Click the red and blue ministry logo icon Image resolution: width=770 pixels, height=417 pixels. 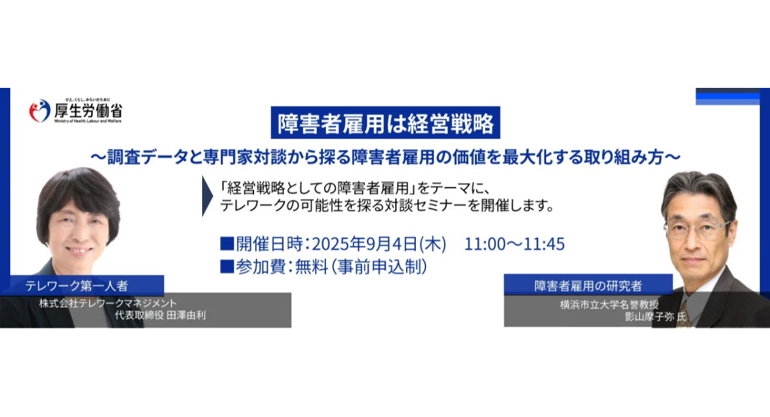[40, 111]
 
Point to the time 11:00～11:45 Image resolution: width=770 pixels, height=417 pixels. [515, 244]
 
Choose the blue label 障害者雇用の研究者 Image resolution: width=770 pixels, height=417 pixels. [588, 284]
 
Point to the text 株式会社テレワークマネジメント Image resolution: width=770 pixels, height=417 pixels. [107, 303]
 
